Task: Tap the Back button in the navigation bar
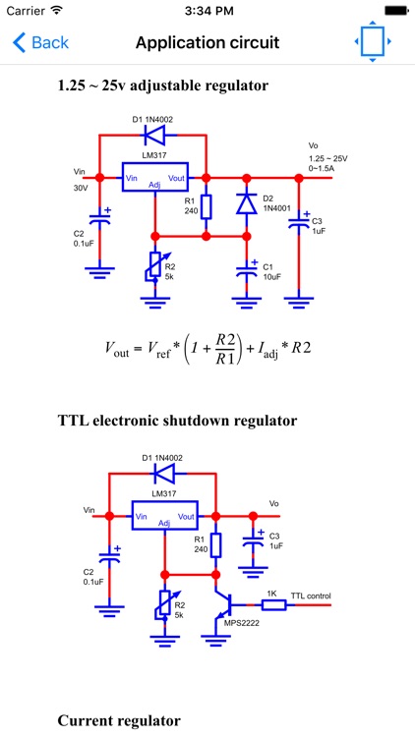coord(40,43)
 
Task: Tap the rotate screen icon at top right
coord(373,43)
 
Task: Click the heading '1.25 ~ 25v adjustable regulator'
coord(162,85)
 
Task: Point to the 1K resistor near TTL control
coord(274,604)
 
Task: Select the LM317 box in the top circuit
coord(153,177)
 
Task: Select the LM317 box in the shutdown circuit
coord(163,515)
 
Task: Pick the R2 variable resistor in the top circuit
coord(153,265)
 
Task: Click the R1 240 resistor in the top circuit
coord(206,206)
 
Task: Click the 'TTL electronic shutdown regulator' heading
coord(177,421)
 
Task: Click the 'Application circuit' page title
coord(207,43)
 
